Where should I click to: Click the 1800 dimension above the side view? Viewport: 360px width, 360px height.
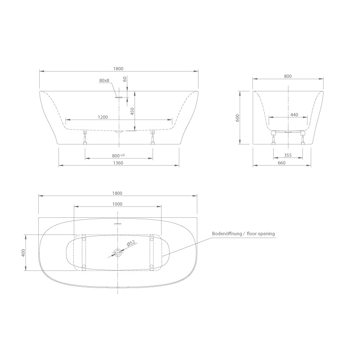click(x=118, y=69)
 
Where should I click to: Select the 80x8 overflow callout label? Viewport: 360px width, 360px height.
click(x=104, y=81)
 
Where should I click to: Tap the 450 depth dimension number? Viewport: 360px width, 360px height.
click(x=132, y=111)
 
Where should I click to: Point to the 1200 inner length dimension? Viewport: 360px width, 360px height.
click(x=103, y=117)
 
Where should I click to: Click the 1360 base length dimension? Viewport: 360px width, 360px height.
click(x=118, y=163)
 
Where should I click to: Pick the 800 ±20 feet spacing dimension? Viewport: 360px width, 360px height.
click(x=118, y=156)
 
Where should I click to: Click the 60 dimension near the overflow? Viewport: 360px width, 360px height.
click(x=125, y=79)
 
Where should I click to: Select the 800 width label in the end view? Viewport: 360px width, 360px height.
click(x=288, y=76)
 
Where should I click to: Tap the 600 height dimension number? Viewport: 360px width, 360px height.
click(x=238, y=118)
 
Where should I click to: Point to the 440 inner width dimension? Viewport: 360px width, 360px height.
click(x=294, y=115)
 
